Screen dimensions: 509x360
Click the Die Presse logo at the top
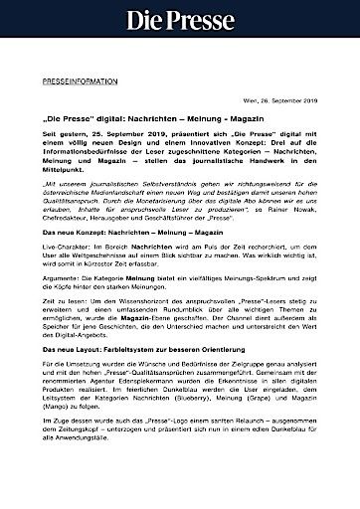pyautogui.click(x=180, y=19)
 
